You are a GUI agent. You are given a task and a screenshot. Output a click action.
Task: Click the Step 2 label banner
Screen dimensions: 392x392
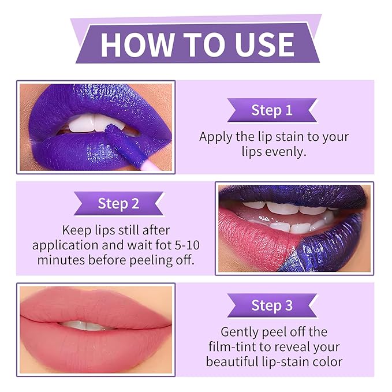coord(118,203)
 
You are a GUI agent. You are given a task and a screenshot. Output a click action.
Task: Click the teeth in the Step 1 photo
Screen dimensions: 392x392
coord(95,122)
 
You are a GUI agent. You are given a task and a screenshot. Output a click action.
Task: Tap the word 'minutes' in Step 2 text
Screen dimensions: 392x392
coord(61,259)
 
